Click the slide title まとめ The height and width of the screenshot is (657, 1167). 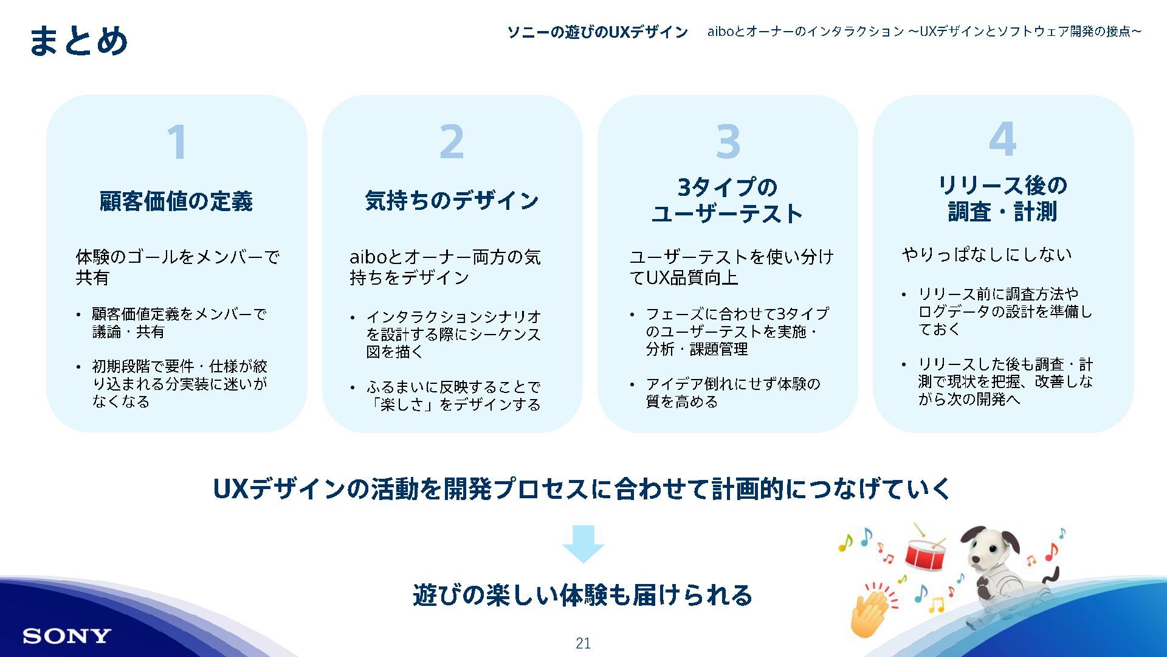[x=78, y=41]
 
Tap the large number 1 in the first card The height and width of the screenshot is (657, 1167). [x=177, y=142]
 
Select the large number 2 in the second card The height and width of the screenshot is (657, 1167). [x=452, y=142]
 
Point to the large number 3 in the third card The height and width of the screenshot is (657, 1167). [x=728, y=142]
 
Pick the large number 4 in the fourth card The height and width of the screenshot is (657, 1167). [x=1002, y=139]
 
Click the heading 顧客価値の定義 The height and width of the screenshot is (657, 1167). [x=176, y=201]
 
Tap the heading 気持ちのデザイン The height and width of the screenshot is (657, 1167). [x=452, y=200]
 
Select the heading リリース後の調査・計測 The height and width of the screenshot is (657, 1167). [x=1002, y=198]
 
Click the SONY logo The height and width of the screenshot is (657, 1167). [x=67, y=636]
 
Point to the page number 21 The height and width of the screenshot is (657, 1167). [x=583, y=643]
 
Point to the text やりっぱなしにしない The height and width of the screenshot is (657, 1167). [x=986, y=254]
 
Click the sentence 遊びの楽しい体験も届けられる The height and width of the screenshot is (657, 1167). [x=583, y=594]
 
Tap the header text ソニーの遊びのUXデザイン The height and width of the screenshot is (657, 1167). [x=597, y=32]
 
